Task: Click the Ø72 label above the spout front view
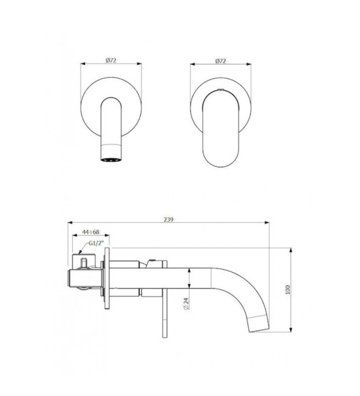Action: (111, 60)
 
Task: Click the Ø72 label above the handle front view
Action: (220, 61)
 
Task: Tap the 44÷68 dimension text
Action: (91, 232)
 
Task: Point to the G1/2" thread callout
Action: (96, 243)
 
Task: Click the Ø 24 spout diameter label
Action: (187, 303)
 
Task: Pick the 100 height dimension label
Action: (288, 290)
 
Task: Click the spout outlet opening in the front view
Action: (111, 159)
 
